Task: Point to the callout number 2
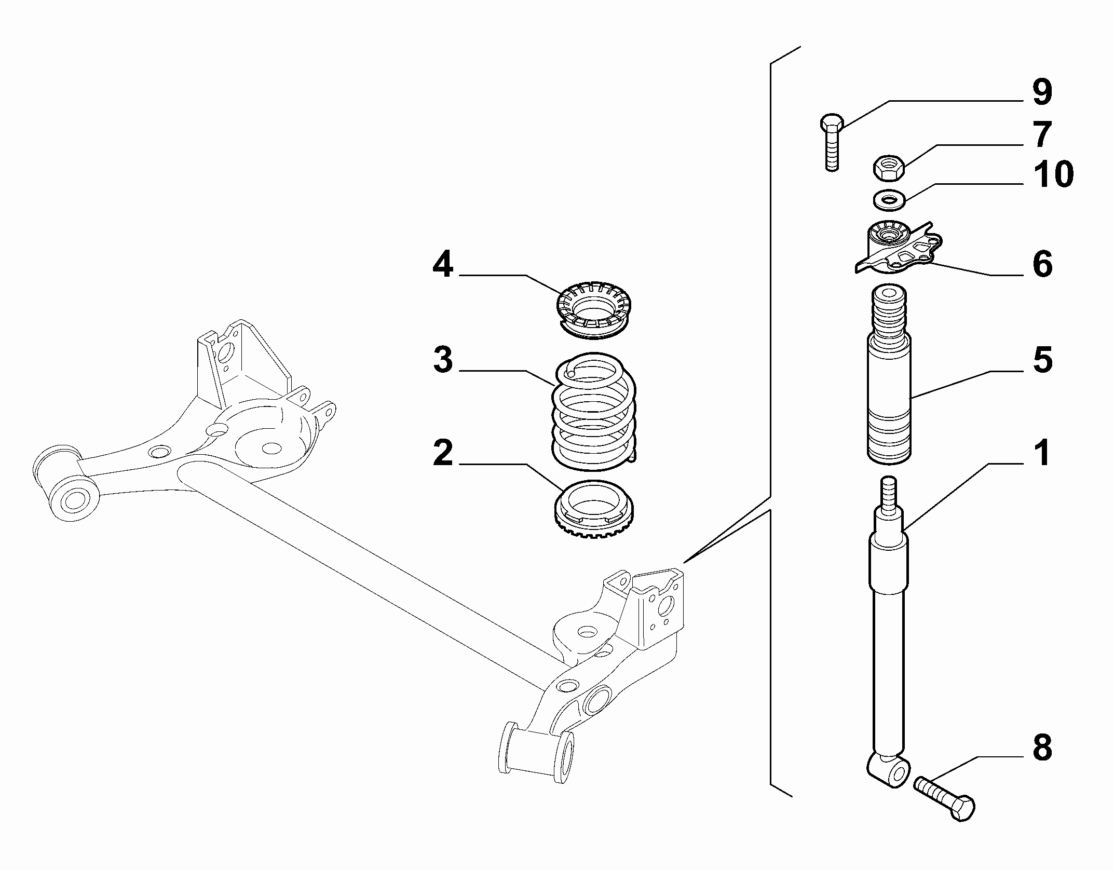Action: point(443,453)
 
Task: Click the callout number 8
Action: point(1042,748)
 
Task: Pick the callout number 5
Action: point(1042,359)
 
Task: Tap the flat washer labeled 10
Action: point(889,200)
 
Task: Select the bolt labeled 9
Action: point(832,142)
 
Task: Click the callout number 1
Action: point(1042,453)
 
